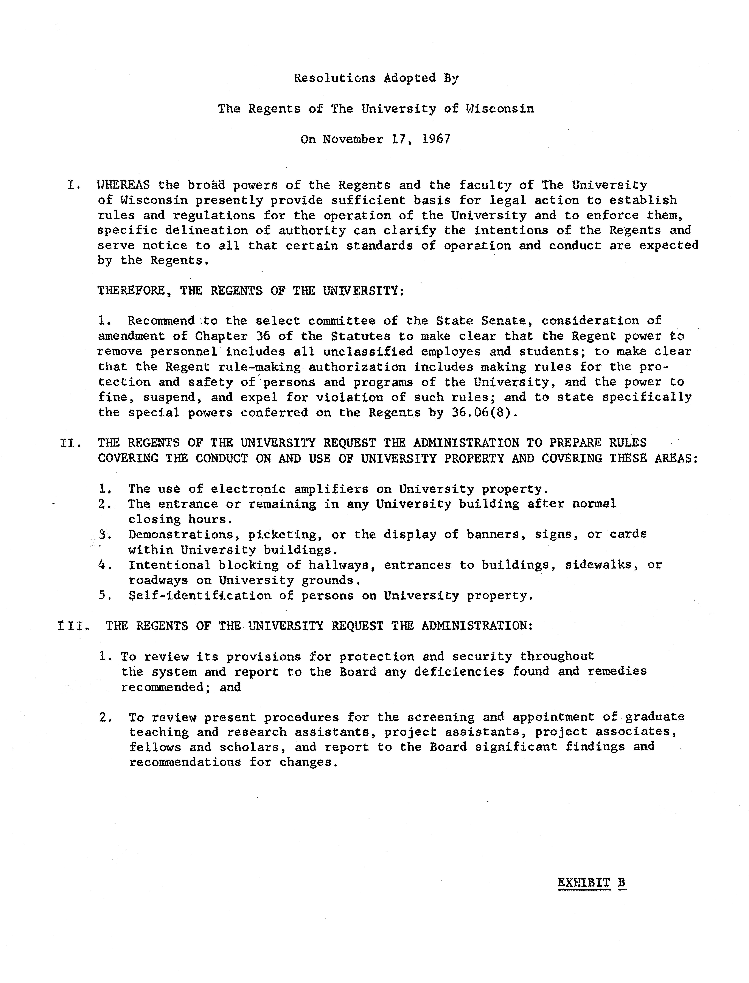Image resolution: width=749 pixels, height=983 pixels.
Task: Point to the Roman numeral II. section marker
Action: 70,443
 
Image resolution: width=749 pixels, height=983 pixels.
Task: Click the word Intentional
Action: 169,565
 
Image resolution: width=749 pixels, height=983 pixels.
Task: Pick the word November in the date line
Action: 353,139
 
